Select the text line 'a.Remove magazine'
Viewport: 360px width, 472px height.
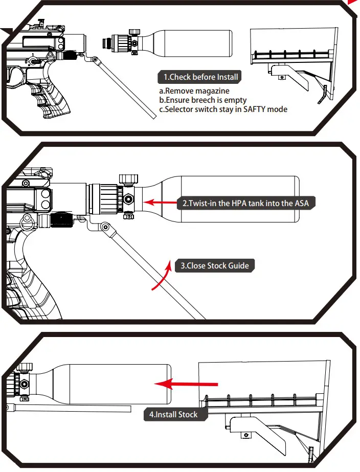coord(194,91)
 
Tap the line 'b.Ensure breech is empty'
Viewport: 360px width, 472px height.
coord(203,100)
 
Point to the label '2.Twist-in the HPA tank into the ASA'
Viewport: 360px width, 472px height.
coord(245,203)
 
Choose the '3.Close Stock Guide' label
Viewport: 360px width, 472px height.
coord(215,265)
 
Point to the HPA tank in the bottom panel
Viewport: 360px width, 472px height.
coord(112,384)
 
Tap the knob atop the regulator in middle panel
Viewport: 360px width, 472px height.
coord(128,179)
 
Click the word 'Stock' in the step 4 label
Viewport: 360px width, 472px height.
coord(187,414)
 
